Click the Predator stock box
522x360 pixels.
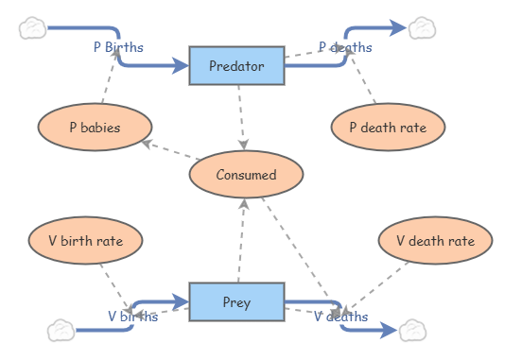(x=236, y=65)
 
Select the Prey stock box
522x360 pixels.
(x=236, y=302)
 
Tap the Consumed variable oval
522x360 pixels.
(x=246, y=175)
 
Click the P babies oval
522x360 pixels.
(x=95, y=128)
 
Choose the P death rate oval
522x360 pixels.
(x=388, y=128)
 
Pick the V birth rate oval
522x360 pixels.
(x=85, y=240)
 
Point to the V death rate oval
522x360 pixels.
(x=435, y=241)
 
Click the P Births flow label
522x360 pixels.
(x=118, y=46)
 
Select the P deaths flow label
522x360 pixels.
(x=345, y=47)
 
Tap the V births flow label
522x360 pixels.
(x=132, y=317)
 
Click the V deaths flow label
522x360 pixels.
(x=341, y=317)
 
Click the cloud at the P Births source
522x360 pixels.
(x=33, y=28)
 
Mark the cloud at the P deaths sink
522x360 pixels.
(x=421, y=27)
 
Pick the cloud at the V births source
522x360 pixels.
(x=61, y=330)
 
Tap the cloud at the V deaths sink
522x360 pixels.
(x=412, y=331)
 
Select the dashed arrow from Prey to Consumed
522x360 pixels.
(x=241, y=242)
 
